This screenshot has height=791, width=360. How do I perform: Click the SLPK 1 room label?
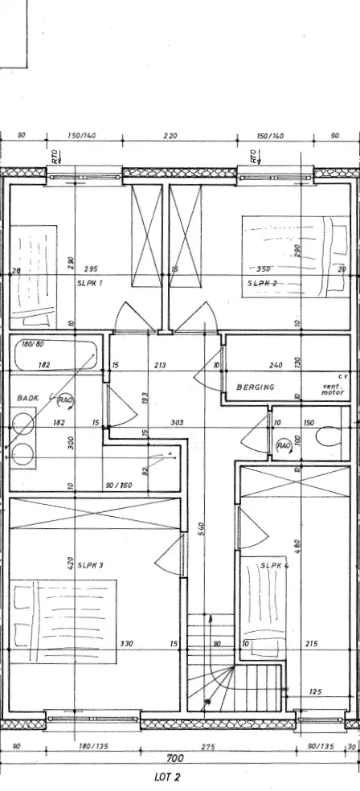tap(91, 283)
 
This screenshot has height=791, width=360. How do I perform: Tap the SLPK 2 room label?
tap(262, 283)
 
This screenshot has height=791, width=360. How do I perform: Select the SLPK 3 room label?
tap(91, 565)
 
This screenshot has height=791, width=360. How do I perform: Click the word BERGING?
tap(256, 387)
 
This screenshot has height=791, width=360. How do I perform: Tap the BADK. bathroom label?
tap(28, 397)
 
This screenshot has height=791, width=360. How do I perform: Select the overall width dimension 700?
tap(175, 758)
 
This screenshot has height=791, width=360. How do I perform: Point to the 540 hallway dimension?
tap(203, 529)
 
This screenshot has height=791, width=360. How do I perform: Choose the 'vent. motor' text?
tap(332, 390)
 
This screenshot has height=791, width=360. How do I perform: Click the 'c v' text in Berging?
tap(342, 375)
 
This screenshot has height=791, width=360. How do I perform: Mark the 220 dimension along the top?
tap(170, 137)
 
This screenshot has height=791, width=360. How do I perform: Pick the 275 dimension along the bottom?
tap(208, 747)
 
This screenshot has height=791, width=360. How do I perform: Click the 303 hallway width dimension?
tap(178, 422)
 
